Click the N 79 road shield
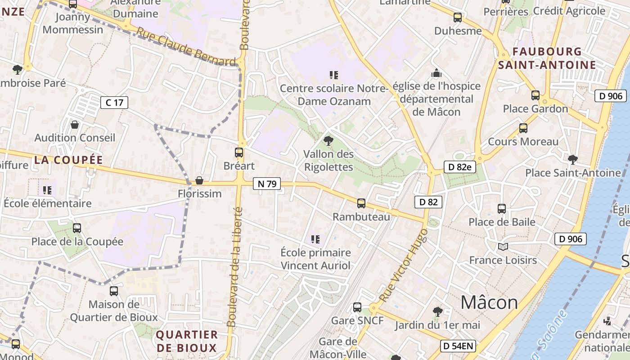click(267, 184)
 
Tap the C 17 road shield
click(114, 103)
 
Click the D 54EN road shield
click(458, 346)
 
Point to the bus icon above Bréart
click(239, 153)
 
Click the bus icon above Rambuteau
click(361, 203)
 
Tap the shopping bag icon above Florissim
click(199, 180)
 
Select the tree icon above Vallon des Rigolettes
click(328, 141)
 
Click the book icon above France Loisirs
click(503, 247)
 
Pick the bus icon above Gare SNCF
click(357, 307)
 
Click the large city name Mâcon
click(489, 302)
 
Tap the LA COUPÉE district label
click(68, 160)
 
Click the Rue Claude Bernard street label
click(186, 47)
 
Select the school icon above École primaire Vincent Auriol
click(315, 239)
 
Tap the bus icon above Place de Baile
click(502, 209)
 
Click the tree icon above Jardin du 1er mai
click(437, 311)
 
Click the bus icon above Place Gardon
click(535, 95)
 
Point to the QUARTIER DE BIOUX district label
click(187, 341)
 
